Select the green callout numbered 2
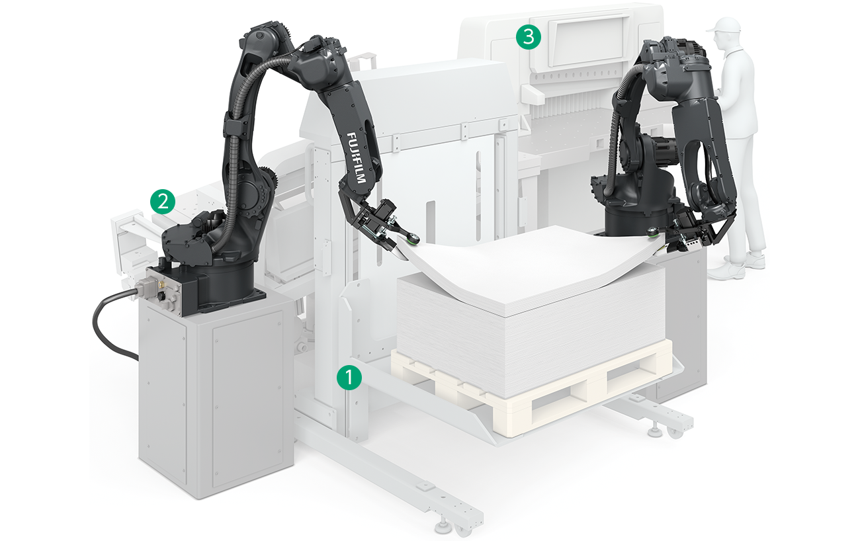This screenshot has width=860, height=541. coord(163,201)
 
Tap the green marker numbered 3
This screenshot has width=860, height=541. coord(529,37)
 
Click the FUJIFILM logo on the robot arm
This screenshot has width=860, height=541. coord(357,158)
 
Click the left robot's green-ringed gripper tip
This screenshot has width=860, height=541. coord(413,239)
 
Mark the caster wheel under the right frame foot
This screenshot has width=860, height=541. coord(675,432)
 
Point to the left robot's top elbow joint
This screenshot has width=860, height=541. coord(265,38)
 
